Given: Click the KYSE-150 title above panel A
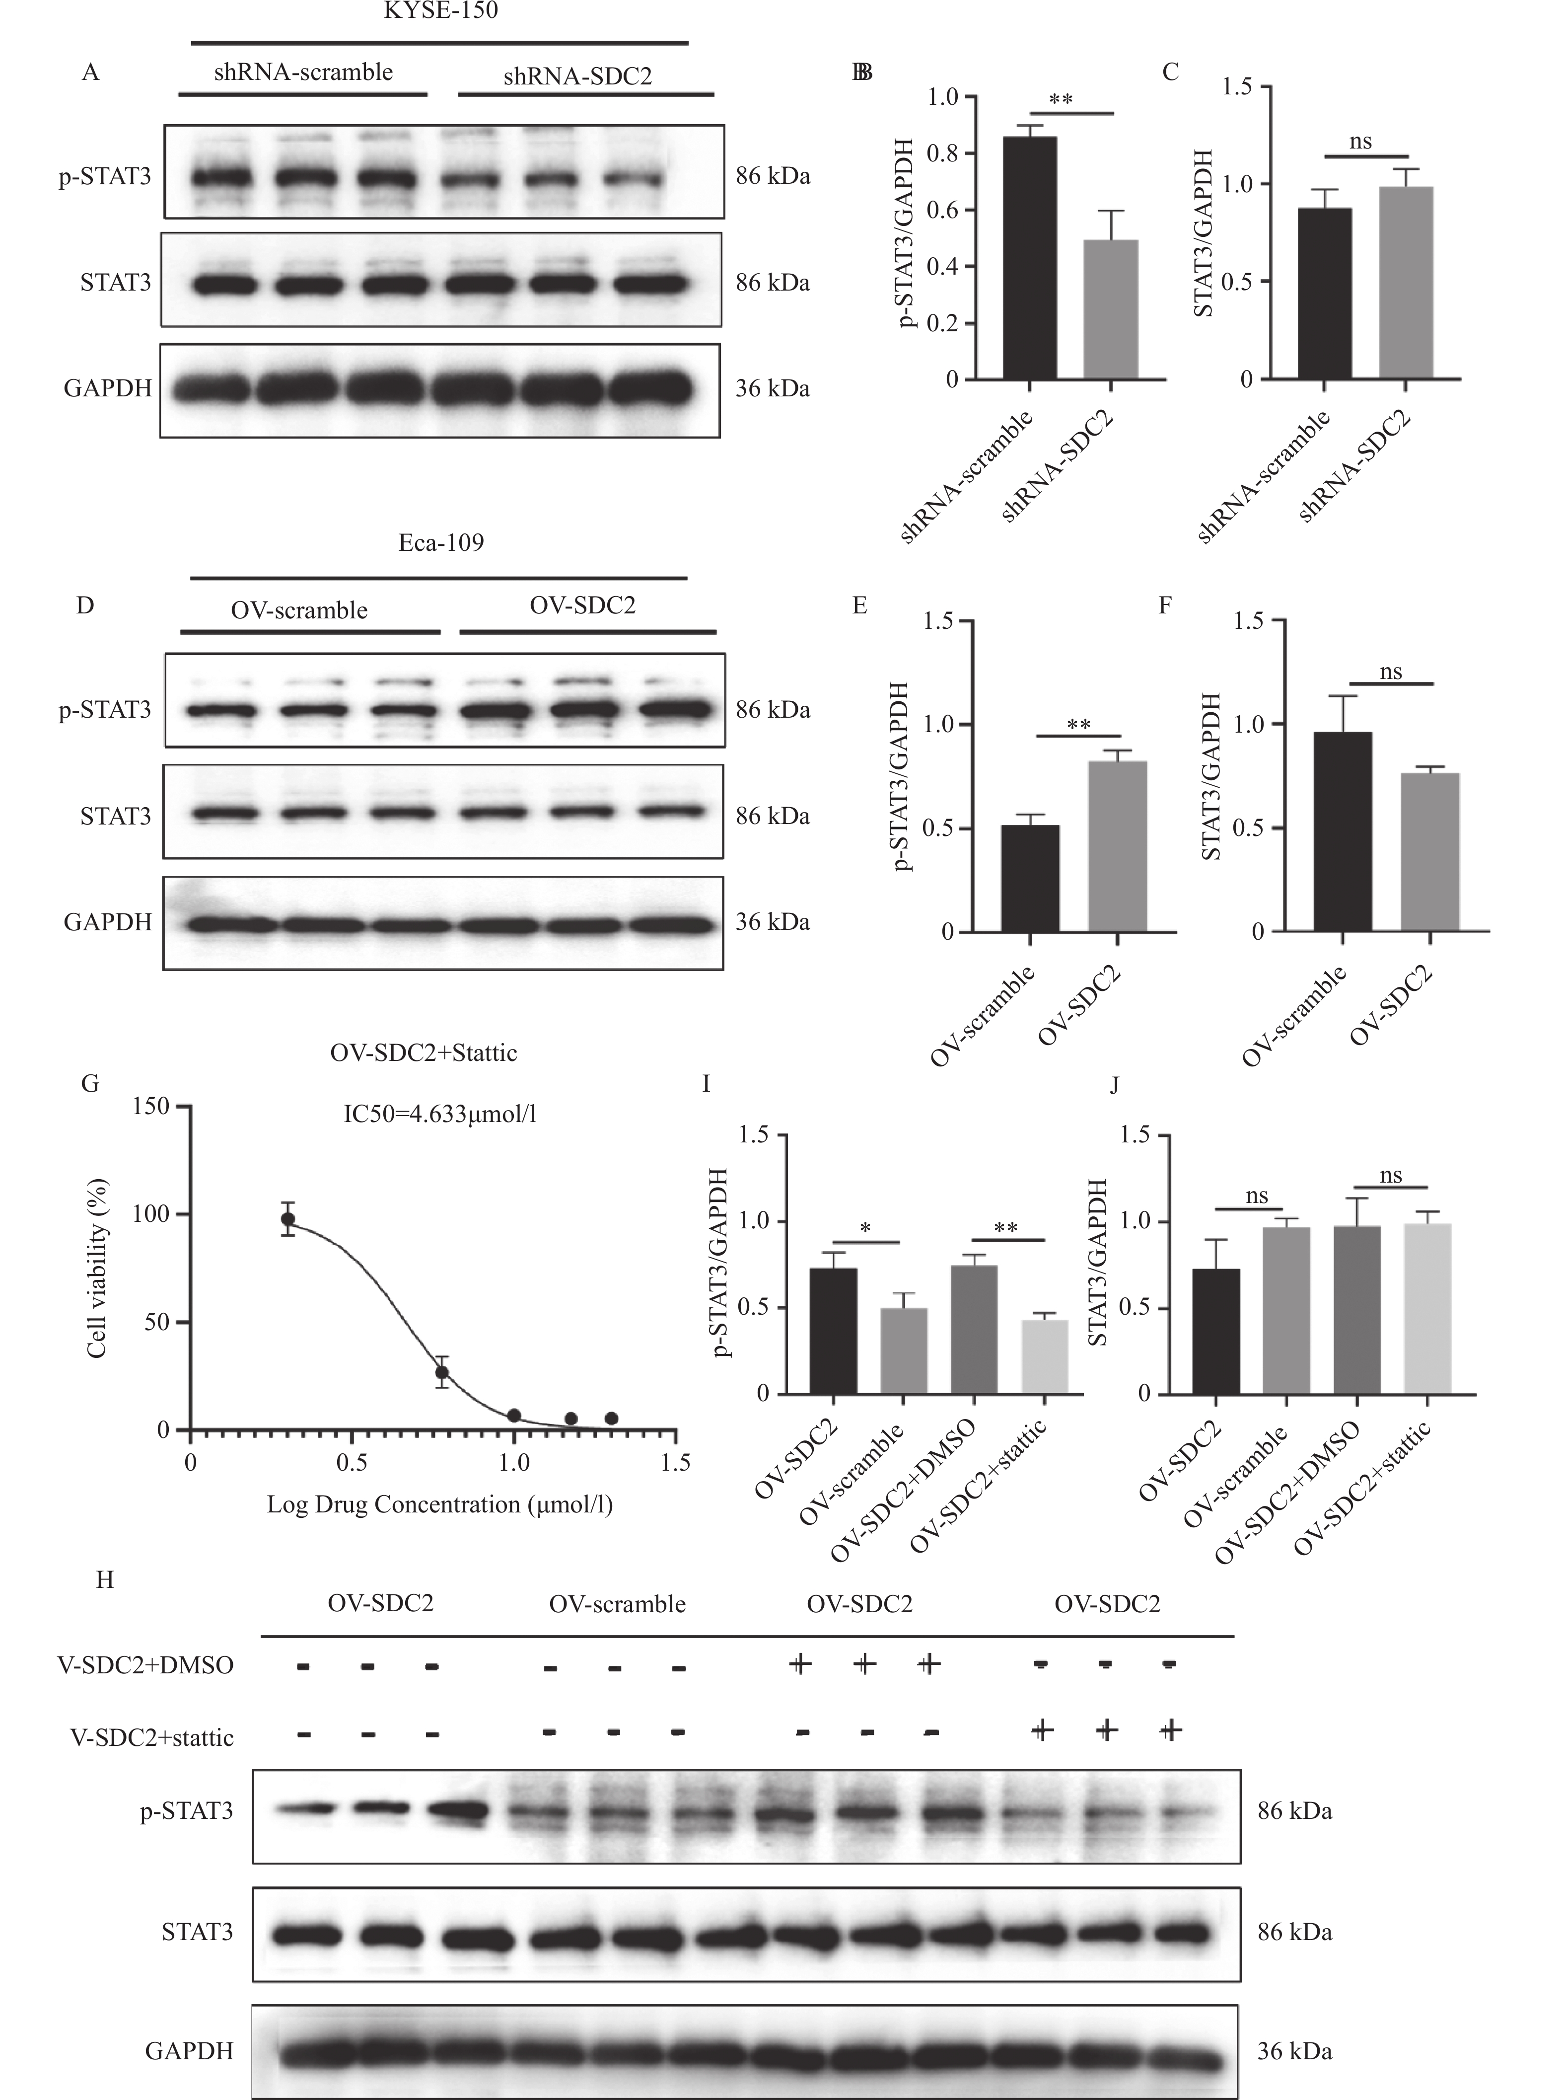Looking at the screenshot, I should pos(440,11).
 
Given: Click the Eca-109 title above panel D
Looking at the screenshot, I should pos(440,542).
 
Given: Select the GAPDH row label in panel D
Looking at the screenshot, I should pos(107,922).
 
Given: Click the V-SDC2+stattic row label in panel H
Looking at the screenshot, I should pos(151,1737).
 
